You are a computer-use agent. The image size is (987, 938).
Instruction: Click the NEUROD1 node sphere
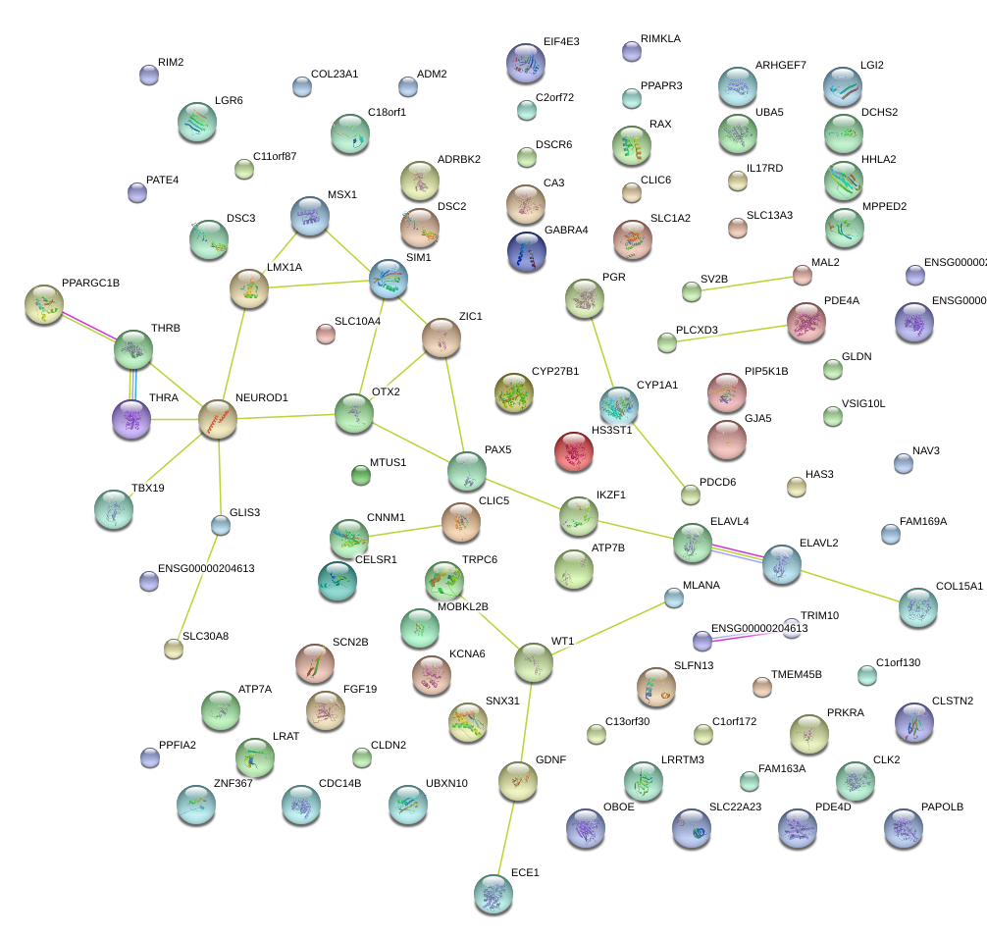point(218,418)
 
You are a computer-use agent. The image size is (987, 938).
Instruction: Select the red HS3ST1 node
point(573,451)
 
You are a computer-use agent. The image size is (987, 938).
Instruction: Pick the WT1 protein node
point(534,663)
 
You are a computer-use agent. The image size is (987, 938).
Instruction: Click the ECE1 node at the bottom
point(493,892)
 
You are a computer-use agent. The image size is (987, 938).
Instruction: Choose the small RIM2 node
point(148,75)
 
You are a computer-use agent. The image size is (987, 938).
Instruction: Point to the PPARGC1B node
point(44,304)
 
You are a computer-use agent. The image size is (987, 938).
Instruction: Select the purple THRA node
point(131,418)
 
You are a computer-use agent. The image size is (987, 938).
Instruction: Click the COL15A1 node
point(917,607)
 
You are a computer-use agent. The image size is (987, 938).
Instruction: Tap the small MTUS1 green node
point(361,476)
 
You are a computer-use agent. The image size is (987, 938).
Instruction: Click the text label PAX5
point(497,449)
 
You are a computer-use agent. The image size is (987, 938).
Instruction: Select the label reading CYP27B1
point(554,372)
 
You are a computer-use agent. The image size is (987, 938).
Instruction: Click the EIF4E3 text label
point(561,42)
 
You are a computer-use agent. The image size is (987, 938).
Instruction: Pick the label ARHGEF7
point(780,66)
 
